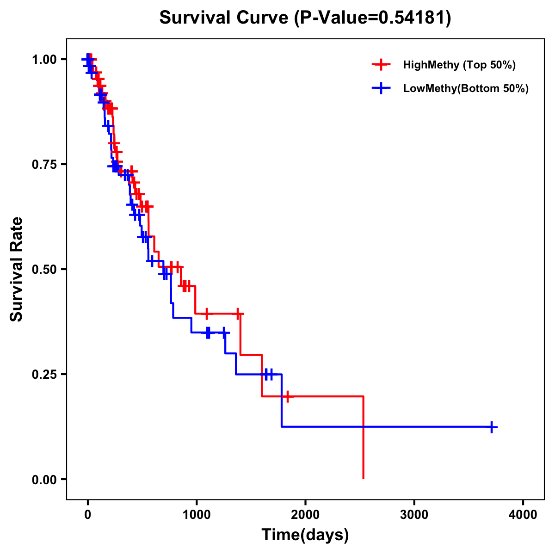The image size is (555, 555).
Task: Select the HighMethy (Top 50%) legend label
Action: (459, 65)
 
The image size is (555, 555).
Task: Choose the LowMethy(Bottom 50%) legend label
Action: (466, 89)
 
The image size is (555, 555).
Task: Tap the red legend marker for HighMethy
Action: (381, 65)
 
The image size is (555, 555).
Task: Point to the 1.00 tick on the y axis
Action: (44, 59)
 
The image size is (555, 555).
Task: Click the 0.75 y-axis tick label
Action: (44, 164)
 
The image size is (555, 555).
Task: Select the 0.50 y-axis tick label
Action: (44, 269)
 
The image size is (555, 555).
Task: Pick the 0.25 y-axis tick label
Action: (44, 374)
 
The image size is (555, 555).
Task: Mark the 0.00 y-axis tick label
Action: (44, 479)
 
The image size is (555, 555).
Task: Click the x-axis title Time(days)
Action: (305, 535)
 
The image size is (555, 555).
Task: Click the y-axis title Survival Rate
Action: (17, 269)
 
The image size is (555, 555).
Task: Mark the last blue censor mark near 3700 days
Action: (492, 427)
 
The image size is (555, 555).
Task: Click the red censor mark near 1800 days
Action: (288, 396)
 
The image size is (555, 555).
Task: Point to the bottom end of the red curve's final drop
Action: (364, 478)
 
